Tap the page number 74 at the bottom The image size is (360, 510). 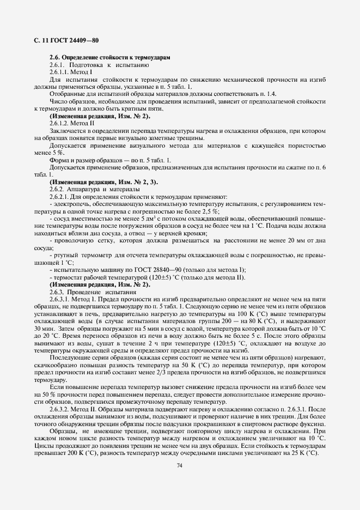[180, 465]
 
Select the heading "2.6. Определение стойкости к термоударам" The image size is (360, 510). [109, 58]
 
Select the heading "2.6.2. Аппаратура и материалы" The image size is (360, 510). [94, 189]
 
